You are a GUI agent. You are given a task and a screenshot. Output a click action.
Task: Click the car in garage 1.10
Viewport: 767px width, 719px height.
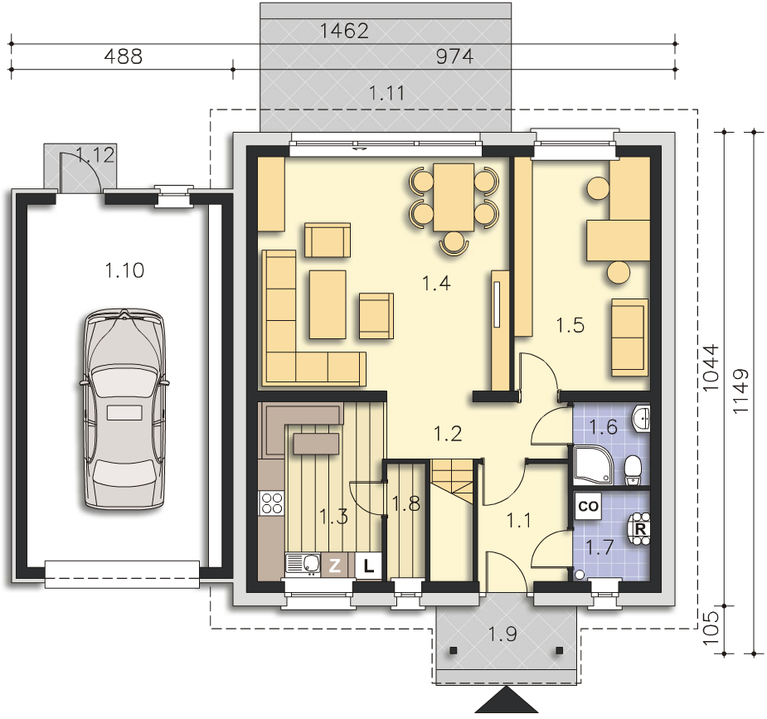point(124,410)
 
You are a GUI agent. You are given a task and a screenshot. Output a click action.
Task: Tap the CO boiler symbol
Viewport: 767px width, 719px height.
point(588,506)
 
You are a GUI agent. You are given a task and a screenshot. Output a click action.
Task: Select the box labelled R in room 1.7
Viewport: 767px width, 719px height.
point(640,529)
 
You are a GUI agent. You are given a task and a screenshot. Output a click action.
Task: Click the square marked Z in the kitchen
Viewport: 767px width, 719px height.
point(335,566)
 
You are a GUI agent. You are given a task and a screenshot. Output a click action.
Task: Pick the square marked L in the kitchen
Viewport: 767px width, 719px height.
point(368,566)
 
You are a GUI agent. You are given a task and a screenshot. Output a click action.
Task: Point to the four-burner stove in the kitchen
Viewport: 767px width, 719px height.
point(271,503)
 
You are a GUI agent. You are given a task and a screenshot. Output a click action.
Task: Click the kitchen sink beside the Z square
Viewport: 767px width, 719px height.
point(303,564)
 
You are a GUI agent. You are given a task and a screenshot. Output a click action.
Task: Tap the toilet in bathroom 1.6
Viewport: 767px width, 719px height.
point(633,470)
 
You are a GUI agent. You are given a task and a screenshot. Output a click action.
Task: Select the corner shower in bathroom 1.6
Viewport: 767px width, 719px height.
point(592,465)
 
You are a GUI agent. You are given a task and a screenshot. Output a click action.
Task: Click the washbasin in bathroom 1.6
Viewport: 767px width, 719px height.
point(641,418)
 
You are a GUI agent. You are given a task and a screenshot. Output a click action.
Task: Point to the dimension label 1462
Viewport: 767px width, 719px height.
point(344,31)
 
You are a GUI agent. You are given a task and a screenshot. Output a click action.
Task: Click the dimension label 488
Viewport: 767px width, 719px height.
point(124,56)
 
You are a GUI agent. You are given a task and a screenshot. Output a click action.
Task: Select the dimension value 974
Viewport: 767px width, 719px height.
point(454,56)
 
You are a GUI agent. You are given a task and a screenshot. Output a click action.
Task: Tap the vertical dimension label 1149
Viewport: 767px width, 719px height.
point(741,391)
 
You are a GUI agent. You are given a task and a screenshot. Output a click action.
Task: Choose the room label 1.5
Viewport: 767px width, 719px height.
point(570,325)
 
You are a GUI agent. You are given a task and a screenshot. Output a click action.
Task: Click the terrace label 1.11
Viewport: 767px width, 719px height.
point(386,93)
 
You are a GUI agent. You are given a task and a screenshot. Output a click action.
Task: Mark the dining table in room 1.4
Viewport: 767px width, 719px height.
point(454,197)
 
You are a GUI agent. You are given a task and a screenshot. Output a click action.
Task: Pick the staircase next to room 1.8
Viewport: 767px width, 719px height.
point(452,484)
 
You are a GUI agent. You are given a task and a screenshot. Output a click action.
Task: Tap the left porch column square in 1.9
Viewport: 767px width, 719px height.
point(454,650)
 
